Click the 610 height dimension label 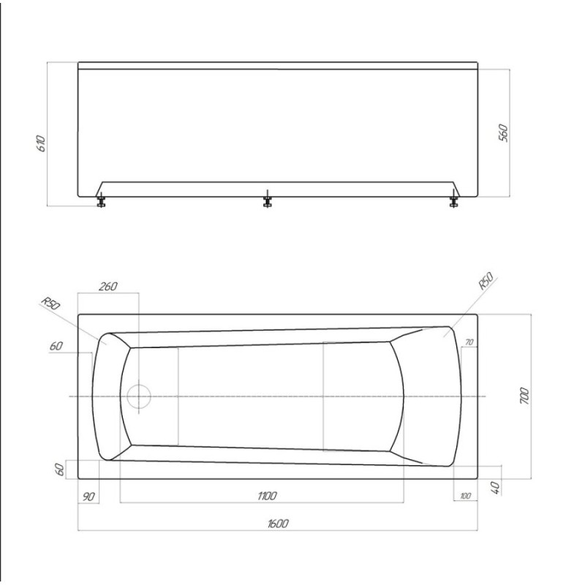point(41,143)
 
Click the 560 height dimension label point(503,133)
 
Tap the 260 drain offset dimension point(107,286)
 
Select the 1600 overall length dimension point(278,524)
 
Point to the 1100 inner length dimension point(267,496)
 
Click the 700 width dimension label point(524,396)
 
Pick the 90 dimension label point(88,497)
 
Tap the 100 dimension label point(465,496)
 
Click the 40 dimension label point(495,488)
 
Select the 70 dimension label point(469,341)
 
